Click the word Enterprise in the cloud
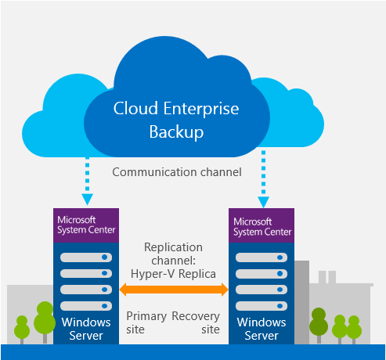[x=201, y=109]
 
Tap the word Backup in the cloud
[x=176, y=132]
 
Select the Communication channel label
[x=177, y=172]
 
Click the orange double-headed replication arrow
[x=174, y=290]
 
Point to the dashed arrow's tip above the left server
[x=87, y=205]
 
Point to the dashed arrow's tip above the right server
[x=263, y=207]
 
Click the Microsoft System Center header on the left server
[x=86, y=225]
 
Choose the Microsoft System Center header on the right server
[x=262, y=225]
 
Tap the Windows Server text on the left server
[x=86, y=329]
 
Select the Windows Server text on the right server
[x=262, y=329]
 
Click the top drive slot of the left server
[x=86, y=257]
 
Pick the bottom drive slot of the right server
[x=262, y=306]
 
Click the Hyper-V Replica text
[x=173, y=274]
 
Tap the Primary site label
[x=146, y=322]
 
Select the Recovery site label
[x=196, y=322]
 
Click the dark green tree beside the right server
[x=319, y=323]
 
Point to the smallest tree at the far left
[x=22, y=329]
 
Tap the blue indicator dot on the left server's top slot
[x=105, y=257]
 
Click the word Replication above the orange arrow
[x=173, y=247]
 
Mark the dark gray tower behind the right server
[x=302, y=302]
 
